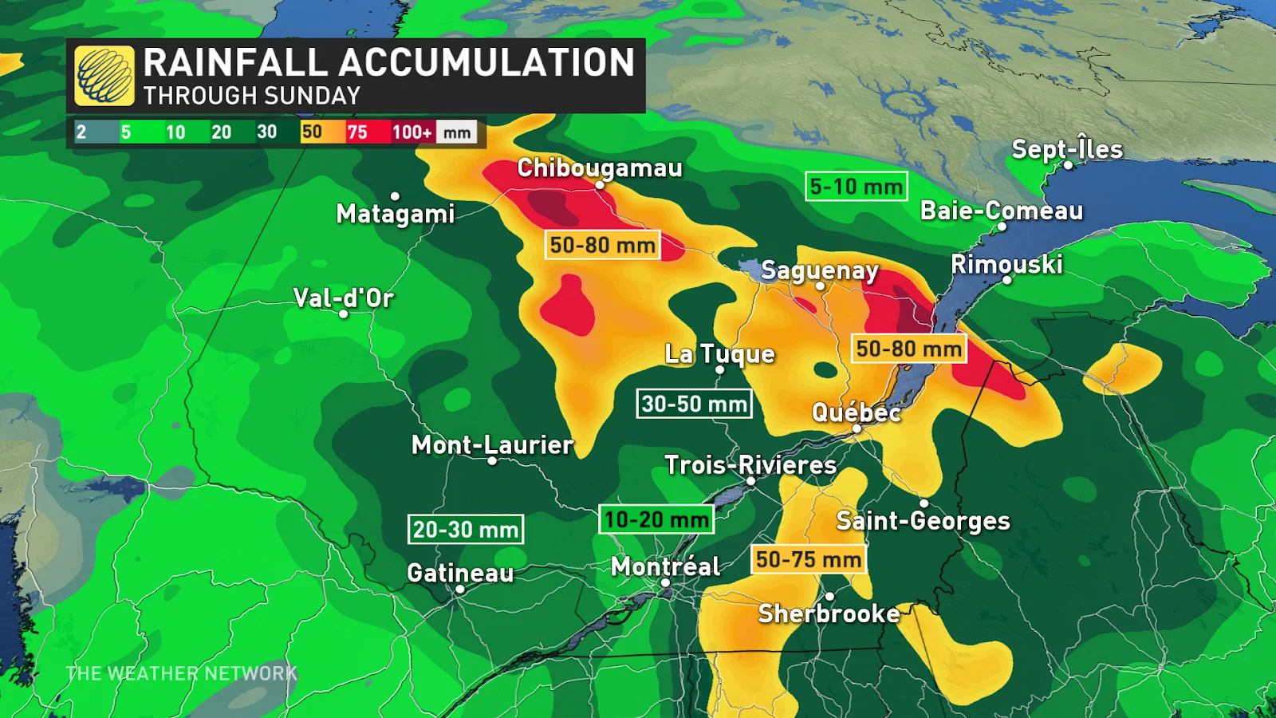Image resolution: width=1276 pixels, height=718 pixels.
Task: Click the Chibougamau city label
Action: [600, 168]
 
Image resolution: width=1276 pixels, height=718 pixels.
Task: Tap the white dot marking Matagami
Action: [395, 196]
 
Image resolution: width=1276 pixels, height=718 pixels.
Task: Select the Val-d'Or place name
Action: [344, 298]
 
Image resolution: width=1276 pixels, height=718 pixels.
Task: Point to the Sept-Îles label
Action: [1067, 149]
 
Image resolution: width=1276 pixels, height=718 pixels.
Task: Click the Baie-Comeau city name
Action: [1002, 211]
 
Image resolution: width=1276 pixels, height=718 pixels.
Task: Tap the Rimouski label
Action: [1006, 264]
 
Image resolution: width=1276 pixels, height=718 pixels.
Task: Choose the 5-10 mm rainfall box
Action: [856, 187]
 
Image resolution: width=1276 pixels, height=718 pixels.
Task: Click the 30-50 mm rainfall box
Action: [694, 404]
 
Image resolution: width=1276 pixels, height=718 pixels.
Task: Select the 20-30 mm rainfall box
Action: [466, 529]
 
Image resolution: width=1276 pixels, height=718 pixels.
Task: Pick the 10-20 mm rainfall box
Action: [656, 519]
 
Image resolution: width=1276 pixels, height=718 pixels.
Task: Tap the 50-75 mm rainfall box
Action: [809, 559]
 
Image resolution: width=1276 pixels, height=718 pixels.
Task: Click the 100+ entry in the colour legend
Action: [412, 132]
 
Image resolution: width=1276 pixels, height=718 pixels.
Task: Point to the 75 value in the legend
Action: [357, 132]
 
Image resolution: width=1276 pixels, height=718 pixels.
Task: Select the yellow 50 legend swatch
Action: [312, 132]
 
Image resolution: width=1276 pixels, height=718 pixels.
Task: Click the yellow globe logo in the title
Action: [104, 76]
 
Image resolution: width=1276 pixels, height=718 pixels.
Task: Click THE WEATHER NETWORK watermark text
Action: [181, 673]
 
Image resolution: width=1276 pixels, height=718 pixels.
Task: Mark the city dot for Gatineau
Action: [460, 590]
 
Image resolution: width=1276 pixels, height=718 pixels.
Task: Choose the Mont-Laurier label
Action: [492, 444]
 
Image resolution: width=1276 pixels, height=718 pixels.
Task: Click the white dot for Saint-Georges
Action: [924, 503]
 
